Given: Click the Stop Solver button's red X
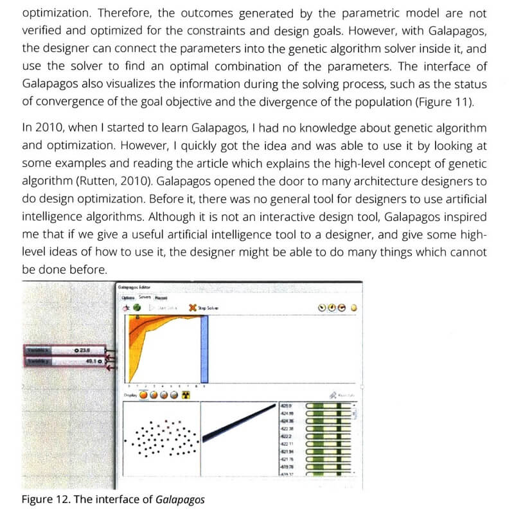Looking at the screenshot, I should pyautogui.click(x=193, y=308).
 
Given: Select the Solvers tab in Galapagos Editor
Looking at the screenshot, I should pyautogui.click(x=144, y=297).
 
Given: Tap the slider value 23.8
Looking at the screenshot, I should pyautogui.click(x=82, y=350).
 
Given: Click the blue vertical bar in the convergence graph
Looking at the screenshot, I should pyautogui.click(x=205, y=347).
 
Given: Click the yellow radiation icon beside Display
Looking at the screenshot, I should pyautogui.click(x=187, y=394).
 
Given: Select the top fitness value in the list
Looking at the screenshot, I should pyautogui.click(x=287, y=406).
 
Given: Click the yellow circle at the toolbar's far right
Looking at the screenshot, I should pyautogui.click(x=353, y=308).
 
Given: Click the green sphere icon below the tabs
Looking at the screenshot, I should pyautogui.click(x=137, y=308).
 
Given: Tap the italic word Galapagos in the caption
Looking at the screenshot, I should pyautogui.click(x=181, y=499).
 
